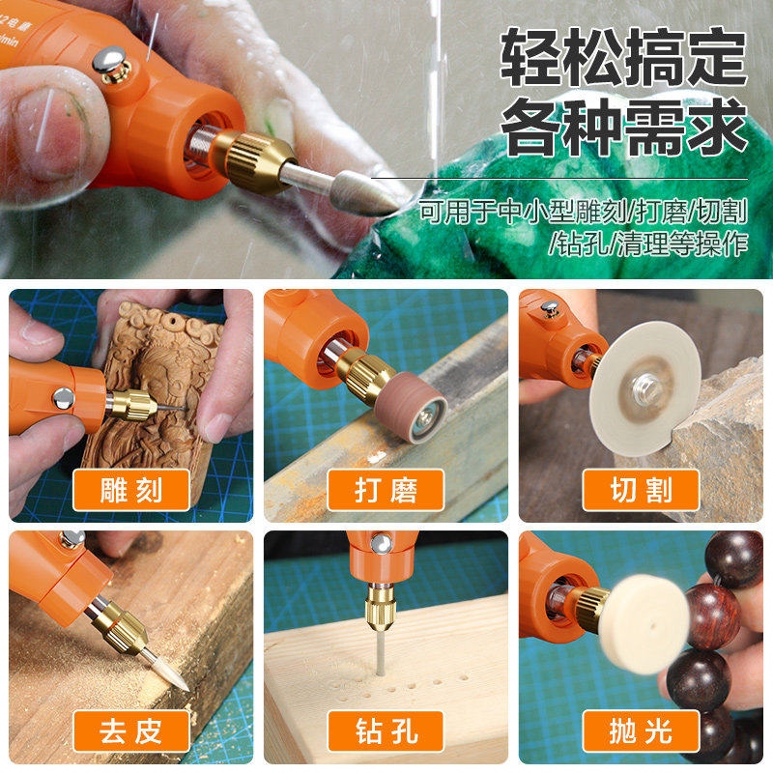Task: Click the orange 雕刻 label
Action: [x=131, y=490]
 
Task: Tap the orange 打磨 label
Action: [x=386, y=490]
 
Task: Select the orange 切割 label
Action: [x=641, y=490]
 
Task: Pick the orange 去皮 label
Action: [x=131, y=731]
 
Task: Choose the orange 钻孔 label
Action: [x=386, y=731]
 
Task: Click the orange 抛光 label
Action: [x=641, y=731]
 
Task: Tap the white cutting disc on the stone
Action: [x=644, y=389]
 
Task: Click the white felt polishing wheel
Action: [x=644, y=623]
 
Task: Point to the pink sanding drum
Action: [x=411, y=407]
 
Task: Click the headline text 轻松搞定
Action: [x=623, y=57]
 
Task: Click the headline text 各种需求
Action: [x=623, y=127]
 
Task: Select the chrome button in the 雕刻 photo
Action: [x=63, y=398]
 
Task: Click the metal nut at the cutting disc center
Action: [x=645, y=387]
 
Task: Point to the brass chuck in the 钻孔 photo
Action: [x=380, y=608]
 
